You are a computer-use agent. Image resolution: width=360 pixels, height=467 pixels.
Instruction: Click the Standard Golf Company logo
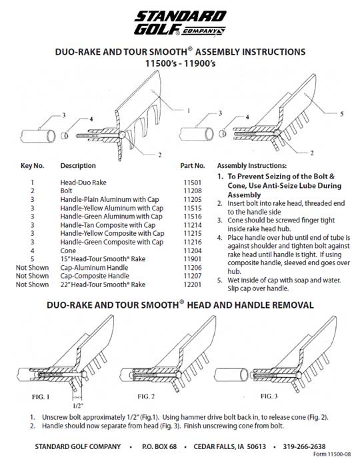(180, 23)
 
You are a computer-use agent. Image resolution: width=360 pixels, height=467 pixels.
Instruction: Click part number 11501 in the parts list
(193, 183)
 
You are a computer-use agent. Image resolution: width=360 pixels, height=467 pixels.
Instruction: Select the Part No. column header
(193, 166)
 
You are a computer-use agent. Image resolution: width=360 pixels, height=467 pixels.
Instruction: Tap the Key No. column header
(32, 166)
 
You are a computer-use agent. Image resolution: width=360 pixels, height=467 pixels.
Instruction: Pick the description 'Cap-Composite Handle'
(95, 276)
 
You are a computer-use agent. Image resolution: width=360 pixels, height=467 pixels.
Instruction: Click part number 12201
(193, 284)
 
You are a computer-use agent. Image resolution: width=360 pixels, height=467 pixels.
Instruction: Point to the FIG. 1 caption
(41, 396)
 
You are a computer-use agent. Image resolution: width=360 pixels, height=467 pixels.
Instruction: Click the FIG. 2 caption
(146, 396)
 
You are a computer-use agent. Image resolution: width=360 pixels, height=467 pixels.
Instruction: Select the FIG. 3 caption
(269, 396)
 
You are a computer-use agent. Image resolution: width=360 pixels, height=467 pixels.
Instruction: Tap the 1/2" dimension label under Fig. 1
(78, 405)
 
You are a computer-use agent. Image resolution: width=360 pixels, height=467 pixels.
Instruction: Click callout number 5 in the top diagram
(342, 113)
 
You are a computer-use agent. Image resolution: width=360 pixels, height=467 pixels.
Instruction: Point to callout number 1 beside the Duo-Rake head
(189, 111)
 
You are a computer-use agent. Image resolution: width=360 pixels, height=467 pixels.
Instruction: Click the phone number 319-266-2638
(304, 446)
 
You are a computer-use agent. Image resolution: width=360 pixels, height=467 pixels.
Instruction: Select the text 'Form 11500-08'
(332, 454)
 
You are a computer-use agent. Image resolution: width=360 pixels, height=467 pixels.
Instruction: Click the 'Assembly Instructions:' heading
(252, 166)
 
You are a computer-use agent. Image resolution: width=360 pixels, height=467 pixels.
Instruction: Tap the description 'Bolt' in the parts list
(66, 191)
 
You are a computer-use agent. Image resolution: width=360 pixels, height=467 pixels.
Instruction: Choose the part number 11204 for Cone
(193, 250)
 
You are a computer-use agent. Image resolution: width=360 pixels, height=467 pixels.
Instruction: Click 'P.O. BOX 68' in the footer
(159, 446)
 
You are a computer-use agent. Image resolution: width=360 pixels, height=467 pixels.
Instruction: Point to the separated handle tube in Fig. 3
(231, 374)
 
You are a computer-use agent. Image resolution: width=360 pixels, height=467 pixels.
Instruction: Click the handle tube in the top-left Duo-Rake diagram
(38, 137)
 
